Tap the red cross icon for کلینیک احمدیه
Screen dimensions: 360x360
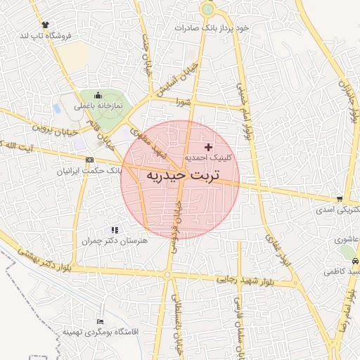tap(207, 147)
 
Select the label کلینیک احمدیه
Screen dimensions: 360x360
tap(209, 159)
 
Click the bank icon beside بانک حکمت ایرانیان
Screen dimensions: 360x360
tap(89, 160)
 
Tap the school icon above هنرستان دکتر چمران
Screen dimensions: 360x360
tap(115, 230)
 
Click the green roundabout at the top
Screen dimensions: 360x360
tap(207, 10)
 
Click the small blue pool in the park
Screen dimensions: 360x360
tap(56, 109)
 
